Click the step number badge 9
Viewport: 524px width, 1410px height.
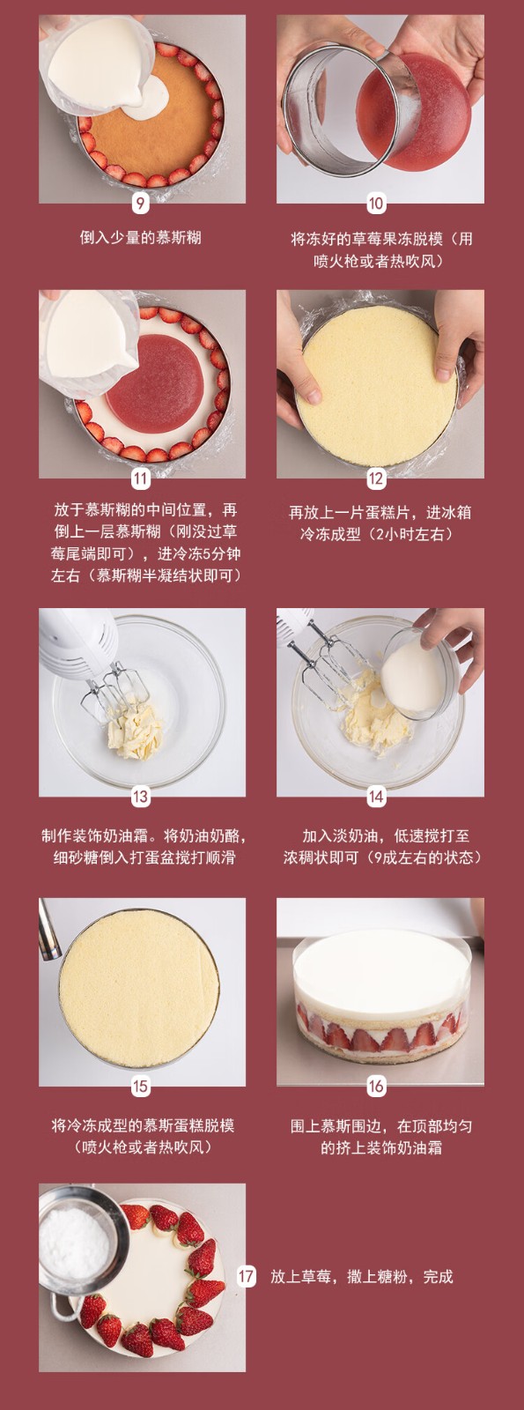coord(140,204)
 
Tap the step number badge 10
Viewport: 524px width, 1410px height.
coord(375,204)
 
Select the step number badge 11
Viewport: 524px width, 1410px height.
coord(140,479)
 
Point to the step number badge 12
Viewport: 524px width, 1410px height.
coord(375,479)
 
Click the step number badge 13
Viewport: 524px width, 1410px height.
coord(140,797)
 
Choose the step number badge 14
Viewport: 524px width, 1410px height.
coord(375,797)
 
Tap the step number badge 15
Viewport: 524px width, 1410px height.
coord(140,1087)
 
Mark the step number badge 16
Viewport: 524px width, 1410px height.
coord(375,1087)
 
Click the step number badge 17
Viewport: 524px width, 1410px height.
coord(246,1276)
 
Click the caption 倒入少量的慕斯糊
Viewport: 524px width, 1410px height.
coord(140,237)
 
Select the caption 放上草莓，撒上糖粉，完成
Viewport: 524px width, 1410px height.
coord(362,1276)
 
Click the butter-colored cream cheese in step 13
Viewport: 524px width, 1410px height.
coord(134,732)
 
